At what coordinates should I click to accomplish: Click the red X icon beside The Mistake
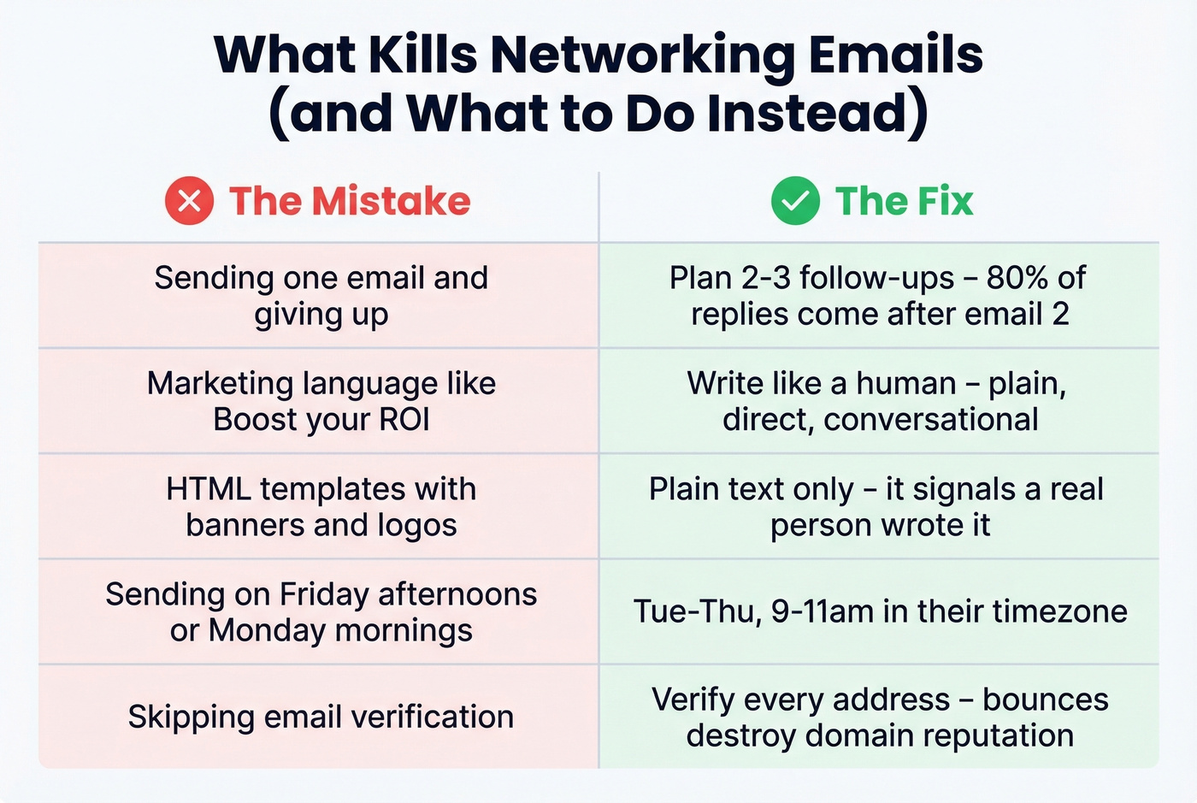[x=189, y=201]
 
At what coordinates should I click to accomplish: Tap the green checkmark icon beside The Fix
[x=795, y=201]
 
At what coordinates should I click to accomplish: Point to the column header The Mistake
[x=350, y=201]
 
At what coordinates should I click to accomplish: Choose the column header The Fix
[x=904, y=201]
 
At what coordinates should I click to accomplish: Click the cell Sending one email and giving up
[x=321, y=296]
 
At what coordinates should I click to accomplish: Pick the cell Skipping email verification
[x=321, y=717]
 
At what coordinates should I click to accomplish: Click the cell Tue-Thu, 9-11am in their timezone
[x=880, y=611]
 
